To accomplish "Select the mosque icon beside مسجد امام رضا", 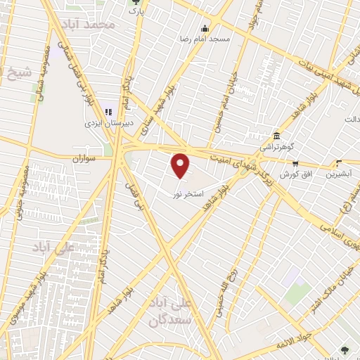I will pyautogui.click(x=205, y=29).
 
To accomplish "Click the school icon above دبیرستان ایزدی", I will pyautogui.click(x=109, y=111).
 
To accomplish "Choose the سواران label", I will pyautogui.click(x=82, y=159).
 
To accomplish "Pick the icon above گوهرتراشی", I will pyautogui.click(x=276, y=136).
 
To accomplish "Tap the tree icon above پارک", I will pyautogui.click(x=135, y=3).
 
